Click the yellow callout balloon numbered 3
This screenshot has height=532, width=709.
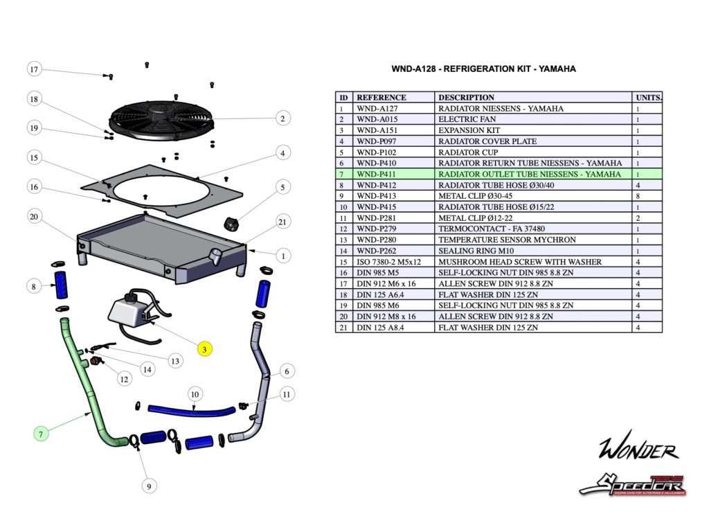tap(205, 349)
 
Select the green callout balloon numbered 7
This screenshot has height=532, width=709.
tap(42, 434)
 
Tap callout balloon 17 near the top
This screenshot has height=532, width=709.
tap(34, 69)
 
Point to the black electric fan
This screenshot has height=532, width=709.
tap(160, 119)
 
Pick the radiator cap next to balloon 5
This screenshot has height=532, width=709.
tap(231, 223)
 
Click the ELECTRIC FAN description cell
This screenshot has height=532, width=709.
tap(533, 119)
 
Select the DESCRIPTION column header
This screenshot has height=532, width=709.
tap(533, 97)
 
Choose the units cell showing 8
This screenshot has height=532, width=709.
tap(647, 196)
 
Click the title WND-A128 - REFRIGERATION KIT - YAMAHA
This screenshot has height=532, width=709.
tap(483, 69)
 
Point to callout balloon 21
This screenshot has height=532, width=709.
tap(282, 222)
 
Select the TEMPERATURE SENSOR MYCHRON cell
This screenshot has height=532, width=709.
tap(533, 240)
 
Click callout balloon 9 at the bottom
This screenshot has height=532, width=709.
tap(147, 486)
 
